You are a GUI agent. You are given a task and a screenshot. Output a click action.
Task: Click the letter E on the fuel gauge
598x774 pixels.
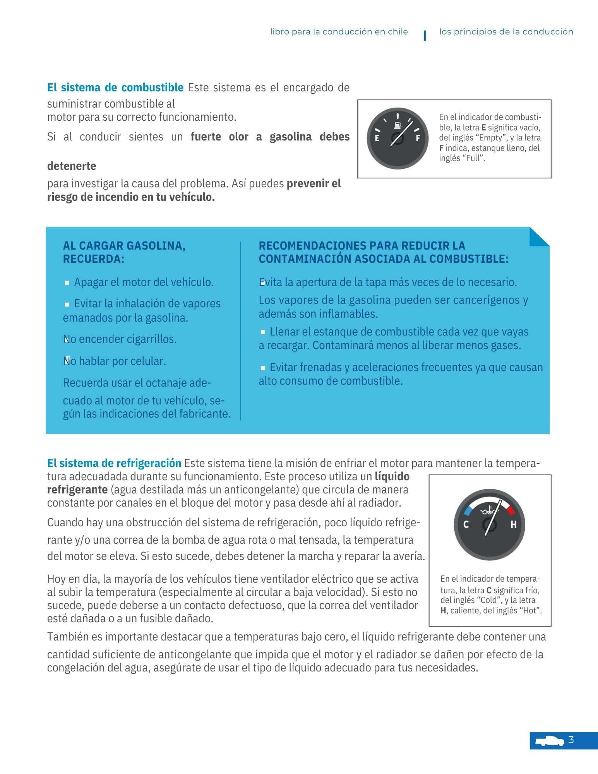coord(377,138)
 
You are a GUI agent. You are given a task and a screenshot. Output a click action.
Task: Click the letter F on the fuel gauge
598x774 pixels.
coord(418,138)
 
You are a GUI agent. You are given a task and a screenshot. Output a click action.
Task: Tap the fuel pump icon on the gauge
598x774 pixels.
coord(398,125)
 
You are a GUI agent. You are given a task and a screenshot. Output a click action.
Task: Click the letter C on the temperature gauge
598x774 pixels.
coord(466,525)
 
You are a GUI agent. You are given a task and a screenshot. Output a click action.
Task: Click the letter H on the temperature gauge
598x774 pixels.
coord(513,525)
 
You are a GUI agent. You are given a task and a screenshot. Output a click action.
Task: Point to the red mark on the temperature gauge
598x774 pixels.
coord(511,510)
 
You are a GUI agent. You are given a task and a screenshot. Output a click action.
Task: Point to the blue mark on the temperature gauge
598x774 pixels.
coord(468,510)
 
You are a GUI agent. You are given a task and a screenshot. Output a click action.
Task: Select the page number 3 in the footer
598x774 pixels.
coord(571,740)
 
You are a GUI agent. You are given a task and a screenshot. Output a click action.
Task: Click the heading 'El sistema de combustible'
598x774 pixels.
coord(115,87)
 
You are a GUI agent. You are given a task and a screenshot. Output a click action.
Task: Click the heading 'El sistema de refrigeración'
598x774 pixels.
coord(114,463)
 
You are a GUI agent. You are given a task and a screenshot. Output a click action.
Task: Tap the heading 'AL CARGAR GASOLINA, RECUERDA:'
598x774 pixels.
coord(124,252)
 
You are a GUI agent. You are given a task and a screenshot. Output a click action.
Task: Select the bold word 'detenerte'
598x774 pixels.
coord(72,166)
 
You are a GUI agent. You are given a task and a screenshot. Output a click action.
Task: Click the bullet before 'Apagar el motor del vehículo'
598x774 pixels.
coord(67,283)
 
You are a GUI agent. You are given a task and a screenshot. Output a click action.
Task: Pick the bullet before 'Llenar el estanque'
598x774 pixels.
coord(263,332)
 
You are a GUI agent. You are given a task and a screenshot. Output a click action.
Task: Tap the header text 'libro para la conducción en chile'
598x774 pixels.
coord(339,32)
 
